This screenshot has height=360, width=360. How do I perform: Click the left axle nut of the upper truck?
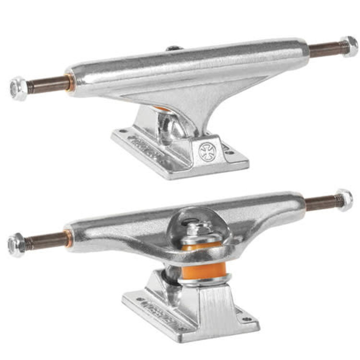tap(19, 88)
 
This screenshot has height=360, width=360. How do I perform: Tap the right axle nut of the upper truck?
tap(349, 46)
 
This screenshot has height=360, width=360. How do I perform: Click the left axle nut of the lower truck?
tap(16, 245)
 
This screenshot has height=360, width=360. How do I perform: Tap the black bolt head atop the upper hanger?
tap(174, 48)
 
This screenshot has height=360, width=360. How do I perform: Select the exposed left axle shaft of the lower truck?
tap(46, 240)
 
